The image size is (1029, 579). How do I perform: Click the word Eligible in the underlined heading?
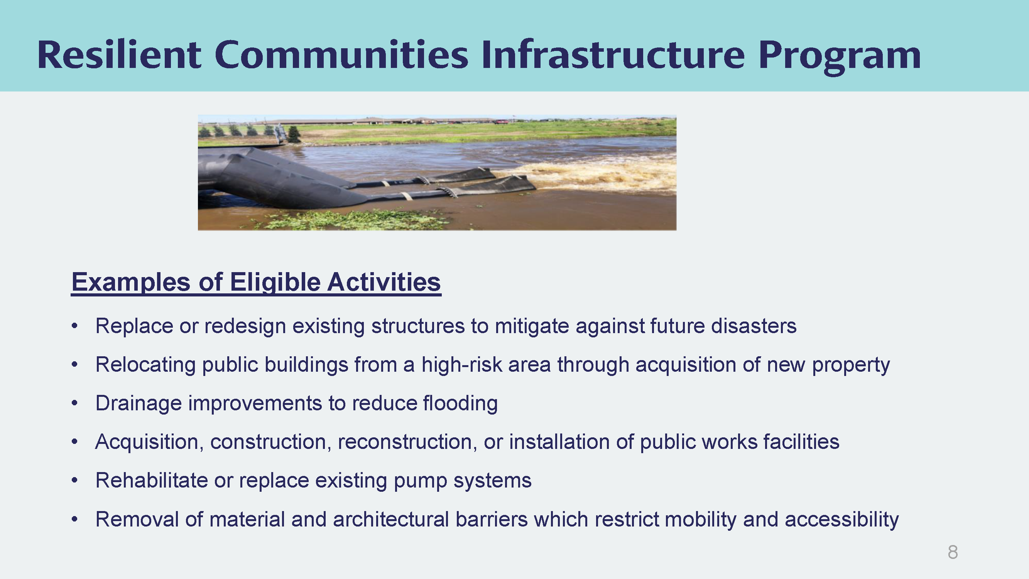point(275,283)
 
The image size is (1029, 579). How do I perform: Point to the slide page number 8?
point(953,552)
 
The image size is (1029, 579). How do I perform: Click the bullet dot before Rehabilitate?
point(75,480)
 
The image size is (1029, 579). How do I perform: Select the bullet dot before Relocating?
point(75,364)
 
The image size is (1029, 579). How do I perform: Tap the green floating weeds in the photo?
point(351,219)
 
